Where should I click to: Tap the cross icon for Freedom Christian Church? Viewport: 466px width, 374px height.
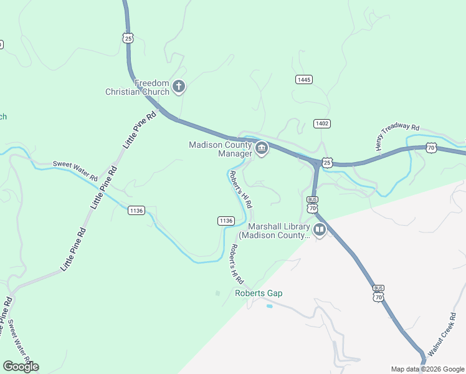coord(179,87)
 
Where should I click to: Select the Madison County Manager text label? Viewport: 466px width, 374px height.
coord(221,150)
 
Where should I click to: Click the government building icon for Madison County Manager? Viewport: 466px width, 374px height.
coord(262,149)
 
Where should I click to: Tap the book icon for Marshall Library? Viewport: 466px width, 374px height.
coord(320,231)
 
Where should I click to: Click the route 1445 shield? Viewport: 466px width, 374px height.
coord(304,80)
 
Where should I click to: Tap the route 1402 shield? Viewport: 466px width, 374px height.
coord(321,123)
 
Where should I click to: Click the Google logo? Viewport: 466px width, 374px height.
coord(21,367)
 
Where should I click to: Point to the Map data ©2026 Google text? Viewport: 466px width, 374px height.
coord(427,369)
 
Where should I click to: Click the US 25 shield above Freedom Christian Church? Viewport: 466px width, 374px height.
coord(128,38)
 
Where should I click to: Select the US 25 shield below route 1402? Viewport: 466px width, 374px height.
coord(328,163)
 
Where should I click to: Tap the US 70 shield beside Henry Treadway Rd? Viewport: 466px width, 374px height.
coord(431,147)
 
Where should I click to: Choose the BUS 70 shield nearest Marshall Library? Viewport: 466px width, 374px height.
coord(312,204)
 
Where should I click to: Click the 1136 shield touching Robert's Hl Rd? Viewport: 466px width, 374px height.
coord(226,221)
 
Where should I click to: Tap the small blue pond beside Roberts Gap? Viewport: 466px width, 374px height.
coord(269,306)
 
